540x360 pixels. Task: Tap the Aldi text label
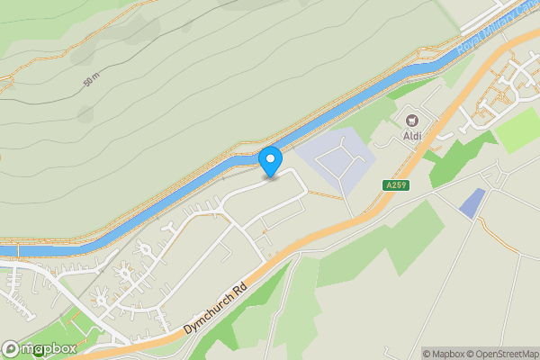(x=413, y=135)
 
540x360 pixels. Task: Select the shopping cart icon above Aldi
(x=413, y=119)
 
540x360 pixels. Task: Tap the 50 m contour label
(x=90, y=81)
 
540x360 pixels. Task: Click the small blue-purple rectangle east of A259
(x=472, y=203)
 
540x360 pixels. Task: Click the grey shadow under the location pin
(x=270, y=177)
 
